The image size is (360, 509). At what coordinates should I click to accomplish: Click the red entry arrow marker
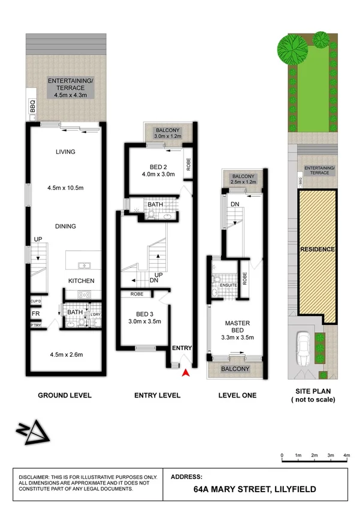(186, 373)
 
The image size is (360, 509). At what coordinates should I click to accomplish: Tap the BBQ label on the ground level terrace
(33, 107)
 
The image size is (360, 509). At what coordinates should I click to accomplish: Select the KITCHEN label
(81, 281)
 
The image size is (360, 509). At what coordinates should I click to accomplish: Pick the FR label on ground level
(35, 313)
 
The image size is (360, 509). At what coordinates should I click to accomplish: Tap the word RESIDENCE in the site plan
(317, 249)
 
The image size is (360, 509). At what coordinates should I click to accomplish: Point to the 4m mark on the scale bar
(346, 456)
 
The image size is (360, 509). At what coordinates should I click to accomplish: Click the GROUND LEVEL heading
(65, 395)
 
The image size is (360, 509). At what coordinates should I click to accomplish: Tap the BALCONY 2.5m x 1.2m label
(243, 177)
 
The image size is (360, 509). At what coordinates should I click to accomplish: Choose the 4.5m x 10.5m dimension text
(65, 186)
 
